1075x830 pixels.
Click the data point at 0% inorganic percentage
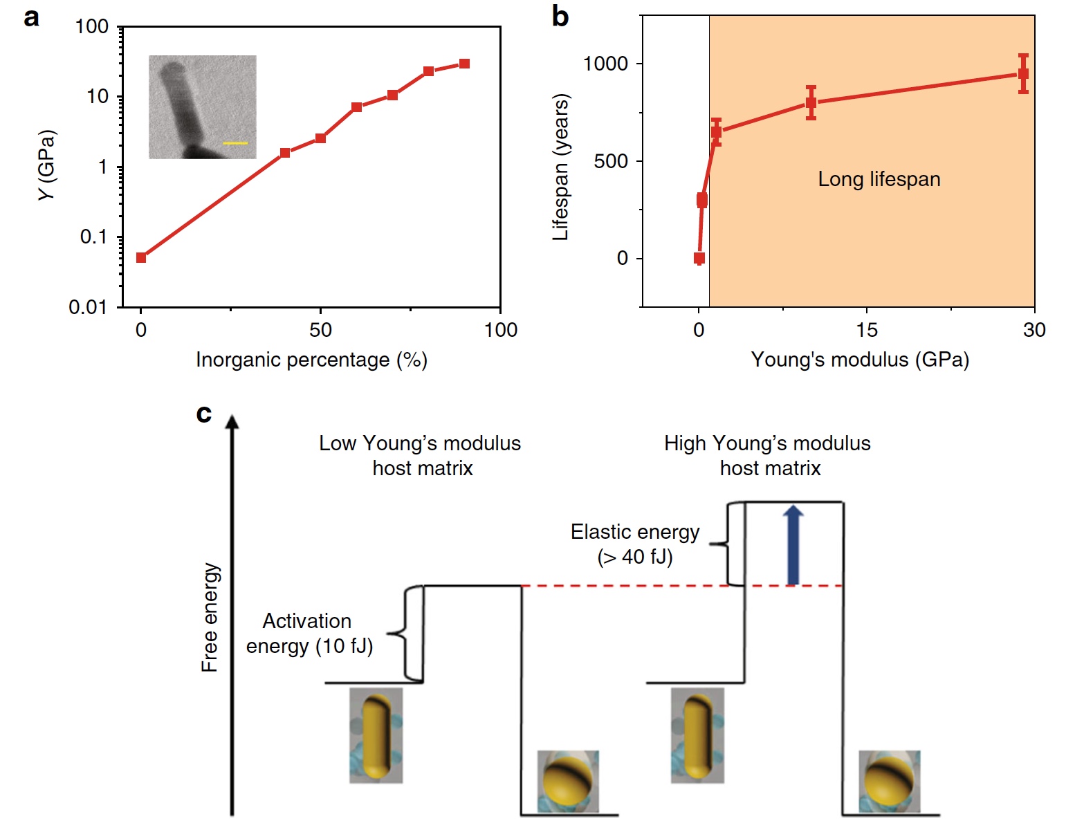point(141,257)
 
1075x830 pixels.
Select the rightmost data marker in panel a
point(464,64)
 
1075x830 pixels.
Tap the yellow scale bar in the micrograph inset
point(235,143)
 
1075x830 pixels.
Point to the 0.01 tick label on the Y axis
point(88,307)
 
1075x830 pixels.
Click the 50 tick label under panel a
point(320,330)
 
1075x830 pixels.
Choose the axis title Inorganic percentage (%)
point(311,360)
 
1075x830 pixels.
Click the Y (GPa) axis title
point(47,165)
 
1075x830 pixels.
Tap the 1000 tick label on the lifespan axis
point(605,64)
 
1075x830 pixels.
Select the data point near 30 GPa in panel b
point(1023,74)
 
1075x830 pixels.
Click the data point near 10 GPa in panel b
point(811,103)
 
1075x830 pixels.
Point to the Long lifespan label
point(879,179)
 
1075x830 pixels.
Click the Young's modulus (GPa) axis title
point(860,360)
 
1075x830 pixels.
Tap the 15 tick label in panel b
point(866,330)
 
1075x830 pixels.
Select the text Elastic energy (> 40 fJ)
point(635,544)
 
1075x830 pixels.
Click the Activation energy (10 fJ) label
point(309,634)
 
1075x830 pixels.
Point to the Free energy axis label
point(210,617)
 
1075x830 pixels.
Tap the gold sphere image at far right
point(889,781)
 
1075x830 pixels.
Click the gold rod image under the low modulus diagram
point(376,735)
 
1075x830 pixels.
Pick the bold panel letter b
point(560,17)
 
